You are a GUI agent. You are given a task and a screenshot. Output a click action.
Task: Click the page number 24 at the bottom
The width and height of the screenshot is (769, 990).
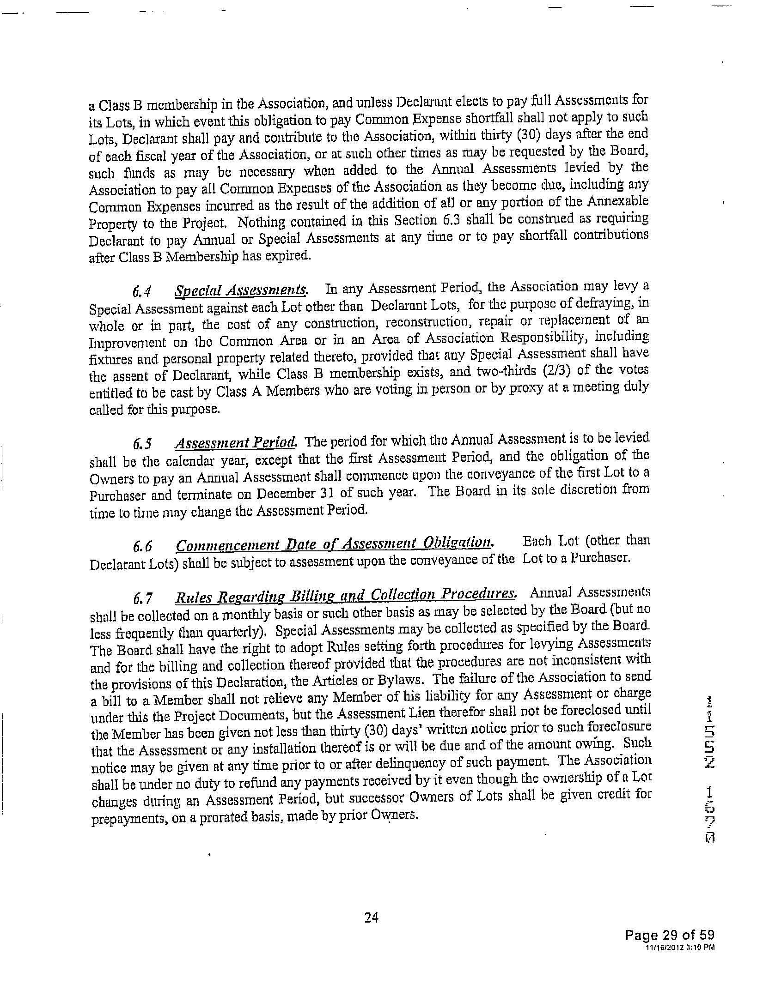[x=371, y=918]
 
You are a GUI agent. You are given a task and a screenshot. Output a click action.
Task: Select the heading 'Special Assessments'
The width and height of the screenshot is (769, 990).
[x=241, y=290]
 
